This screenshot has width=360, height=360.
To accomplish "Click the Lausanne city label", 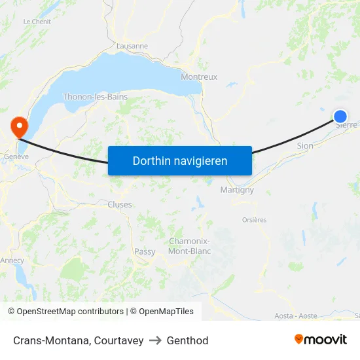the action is coord(132,46).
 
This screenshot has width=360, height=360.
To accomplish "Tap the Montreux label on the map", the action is coord(199,77).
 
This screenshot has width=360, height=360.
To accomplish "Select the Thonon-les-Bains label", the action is coord(95,97).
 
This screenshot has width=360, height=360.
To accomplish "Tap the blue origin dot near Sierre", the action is coord(340,117).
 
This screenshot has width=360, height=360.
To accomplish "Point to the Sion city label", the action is coord(305,146).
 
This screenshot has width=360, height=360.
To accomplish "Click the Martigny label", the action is coord(237,190).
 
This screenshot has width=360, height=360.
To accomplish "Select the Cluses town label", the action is coord(120,205).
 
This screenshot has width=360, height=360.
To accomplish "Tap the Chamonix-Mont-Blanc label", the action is coord(189,245).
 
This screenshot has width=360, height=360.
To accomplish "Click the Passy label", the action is coord(145,251).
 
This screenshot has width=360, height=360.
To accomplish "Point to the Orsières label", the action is coord(254,220).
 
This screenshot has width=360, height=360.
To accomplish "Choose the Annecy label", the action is coord(12,261).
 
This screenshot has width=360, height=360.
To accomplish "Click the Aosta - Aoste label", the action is coord(296,315).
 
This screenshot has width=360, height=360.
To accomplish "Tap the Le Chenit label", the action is coord(37,22).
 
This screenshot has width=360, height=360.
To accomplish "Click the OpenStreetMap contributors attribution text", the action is coord(70,312).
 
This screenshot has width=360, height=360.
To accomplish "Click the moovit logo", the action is coord(320,339).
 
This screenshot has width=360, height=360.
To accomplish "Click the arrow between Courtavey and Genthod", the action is coord(155,340).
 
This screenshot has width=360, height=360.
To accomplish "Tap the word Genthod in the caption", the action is coord(187,340).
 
